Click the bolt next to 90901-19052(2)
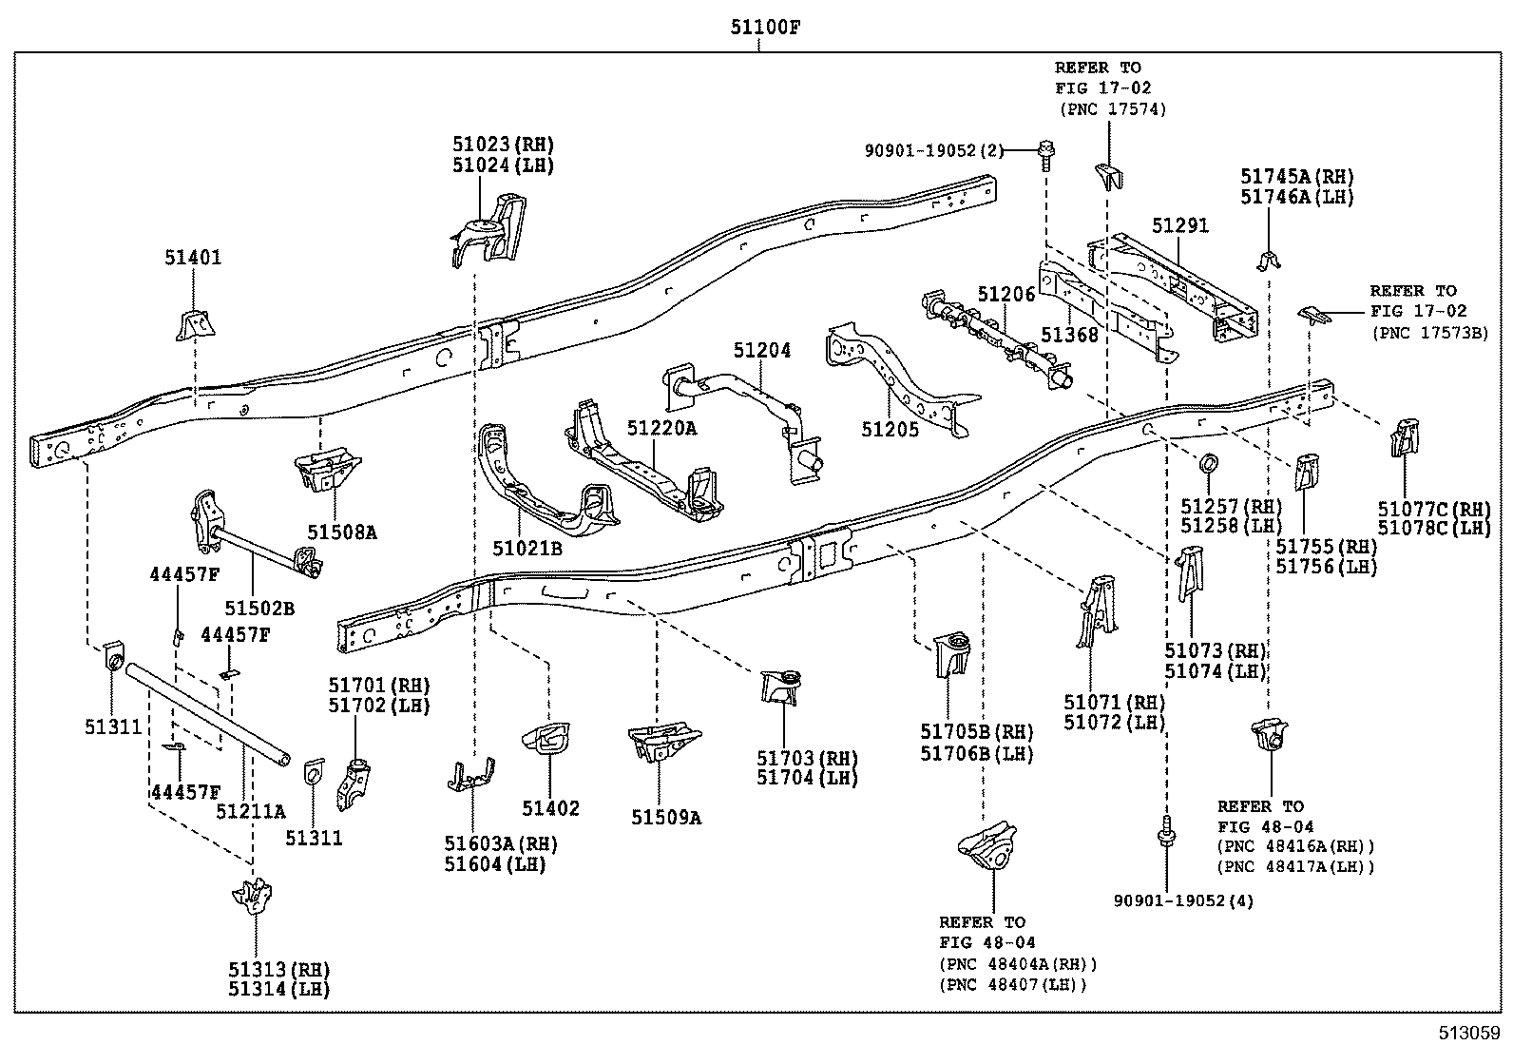click(x=1046, y=154)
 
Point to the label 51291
click(x=1179, y=225)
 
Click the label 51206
click(x=1006, y=295)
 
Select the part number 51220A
click(x=661, y=429)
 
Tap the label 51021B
click(x=527, y=549)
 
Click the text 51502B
click(x=259, y=609)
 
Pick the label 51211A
click(x=251, y=811)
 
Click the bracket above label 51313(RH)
click(x=254, y=898)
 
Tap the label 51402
click(x=549, y=808)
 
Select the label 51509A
click(x=666, y=817)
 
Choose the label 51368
click(x=1069, y=335)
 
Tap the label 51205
click(x=891, y=430)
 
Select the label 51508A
click(x=342, y=532)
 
